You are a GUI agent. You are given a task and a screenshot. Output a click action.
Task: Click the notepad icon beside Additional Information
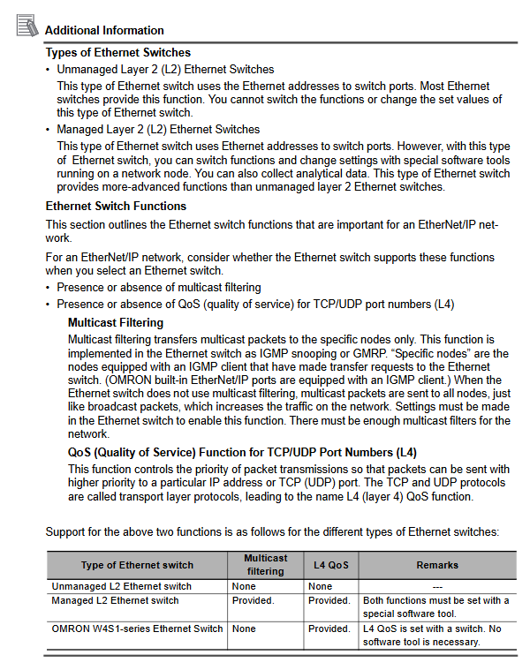(x=27, y=26)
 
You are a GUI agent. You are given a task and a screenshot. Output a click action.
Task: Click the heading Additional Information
(x=104, y=30)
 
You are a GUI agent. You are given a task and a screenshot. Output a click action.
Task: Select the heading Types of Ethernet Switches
(x=117, y=52)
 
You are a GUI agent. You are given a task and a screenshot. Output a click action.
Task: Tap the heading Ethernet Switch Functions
(x=116, y=207)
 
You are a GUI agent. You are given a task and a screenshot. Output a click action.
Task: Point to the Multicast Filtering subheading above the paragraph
(x=115, y=323)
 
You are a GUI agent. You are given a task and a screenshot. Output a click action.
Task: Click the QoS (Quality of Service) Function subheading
(x=242, y=452)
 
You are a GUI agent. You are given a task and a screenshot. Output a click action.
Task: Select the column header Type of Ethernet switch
(x=137, y=565)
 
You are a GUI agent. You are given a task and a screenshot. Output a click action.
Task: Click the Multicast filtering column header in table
(x=265, y=565)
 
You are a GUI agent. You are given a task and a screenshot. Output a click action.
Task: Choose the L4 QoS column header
(x=331, y=565)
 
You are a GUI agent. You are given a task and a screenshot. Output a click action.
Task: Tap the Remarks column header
(x=437, y=565)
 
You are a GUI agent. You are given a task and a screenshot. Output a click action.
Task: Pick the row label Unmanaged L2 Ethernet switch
(x=122, y=586)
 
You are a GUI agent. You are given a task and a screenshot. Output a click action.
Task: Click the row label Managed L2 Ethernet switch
(x=115, y=600)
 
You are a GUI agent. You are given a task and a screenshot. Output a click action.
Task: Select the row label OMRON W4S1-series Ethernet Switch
(x=137, y=629)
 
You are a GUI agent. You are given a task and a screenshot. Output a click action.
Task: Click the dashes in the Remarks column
(x=437, y=586)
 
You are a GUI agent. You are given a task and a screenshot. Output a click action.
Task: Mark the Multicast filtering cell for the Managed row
(x=253, y=600)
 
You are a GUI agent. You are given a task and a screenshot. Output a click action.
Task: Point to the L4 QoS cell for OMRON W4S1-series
(x=329, y=629)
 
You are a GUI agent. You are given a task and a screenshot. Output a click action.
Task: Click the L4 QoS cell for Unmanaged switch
(x=320, y=586)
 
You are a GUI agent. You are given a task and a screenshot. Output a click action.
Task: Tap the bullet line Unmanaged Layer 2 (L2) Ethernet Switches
(x=165, y=69)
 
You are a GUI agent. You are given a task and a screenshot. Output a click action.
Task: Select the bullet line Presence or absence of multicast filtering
(x=159, y=288)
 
